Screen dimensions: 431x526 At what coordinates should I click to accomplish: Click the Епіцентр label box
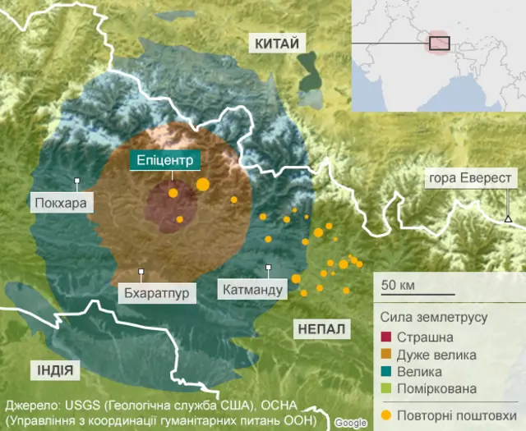tap(165, 161)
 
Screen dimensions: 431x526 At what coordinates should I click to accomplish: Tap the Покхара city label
tap(61, 202)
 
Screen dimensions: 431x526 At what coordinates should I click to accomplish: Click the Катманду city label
tap(251, 289)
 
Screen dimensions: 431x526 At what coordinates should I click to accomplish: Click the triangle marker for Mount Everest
tap(508, 218)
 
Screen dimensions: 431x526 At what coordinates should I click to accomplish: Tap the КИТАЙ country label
tap(276, 44)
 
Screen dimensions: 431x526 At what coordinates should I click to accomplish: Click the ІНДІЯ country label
tap(53, 370)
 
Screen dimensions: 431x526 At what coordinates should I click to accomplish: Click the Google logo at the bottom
tap(351, 422)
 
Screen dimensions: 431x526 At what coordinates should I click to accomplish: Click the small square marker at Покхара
tap(76, 181)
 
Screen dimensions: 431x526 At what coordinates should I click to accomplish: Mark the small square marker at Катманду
tap(269, 267)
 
